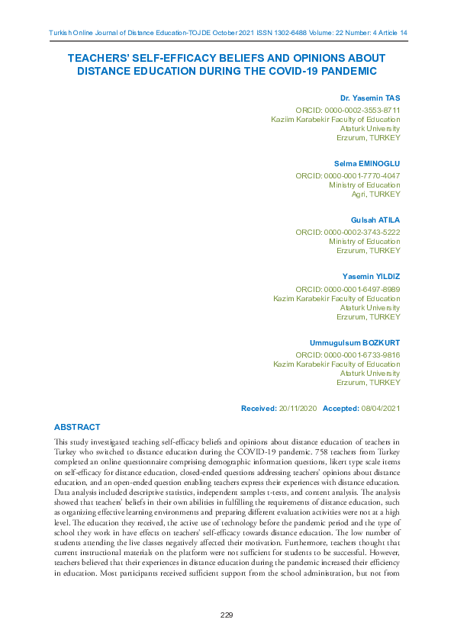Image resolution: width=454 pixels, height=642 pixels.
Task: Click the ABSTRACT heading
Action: [x=77, y=427]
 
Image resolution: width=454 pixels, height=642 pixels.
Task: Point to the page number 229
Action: [x=227, y=615]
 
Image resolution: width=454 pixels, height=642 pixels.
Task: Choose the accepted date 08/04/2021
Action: [x=380, y=409]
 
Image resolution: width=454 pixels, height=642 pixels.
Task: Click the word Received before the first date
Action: [x=258, y=409]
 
